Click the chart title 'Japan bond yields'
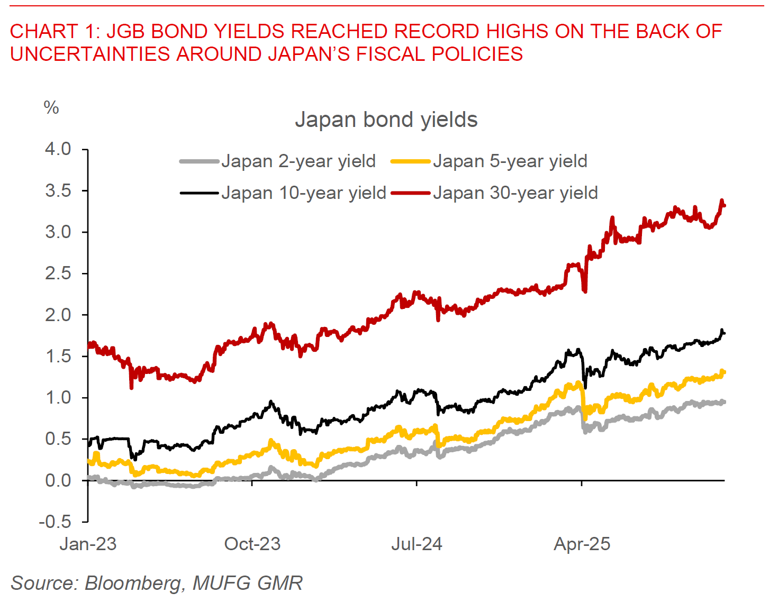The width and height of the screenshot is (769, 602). tap(386, 120)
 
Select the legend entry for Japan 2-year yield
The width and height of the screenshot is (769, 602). tap(298, 161)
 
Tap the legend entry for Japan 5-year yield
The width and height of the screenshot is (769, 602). tap(510, 161)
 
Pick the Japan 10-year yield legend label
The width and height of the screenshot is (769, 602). tap(303, 193)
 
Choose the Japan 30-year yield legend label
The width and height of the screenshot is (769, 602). tap(515, 193)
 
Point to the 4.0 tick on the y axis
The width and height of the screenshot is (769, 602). tap(58, 149)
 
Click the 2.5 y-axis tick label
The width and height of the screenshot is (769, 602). tap(58, 273)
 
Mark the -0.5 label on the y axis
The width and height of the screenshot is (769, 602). tap(55, 522)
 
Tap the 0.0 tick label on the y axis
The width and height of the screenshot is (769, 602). tap(58, 481)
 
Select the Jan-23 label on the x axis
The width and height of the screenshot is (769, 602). tap(88, 544)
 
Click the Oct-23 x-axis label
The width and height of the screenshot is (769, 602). tap(252, 544)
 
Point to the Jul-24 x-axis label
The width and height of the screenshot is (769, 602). tap(417, 544)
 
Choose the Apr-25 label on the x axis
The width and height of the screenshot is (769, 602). tap(582, 544)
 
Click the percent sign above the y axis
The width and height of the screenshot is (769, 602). tap(51, 108)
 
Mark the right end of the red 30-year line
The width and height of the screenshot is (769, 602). tap(723, 205)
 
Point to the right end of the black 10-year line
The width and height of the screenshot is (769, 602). tap(723, 333)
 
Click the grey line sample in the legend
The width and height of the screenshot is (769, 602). tap(199, 161)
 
